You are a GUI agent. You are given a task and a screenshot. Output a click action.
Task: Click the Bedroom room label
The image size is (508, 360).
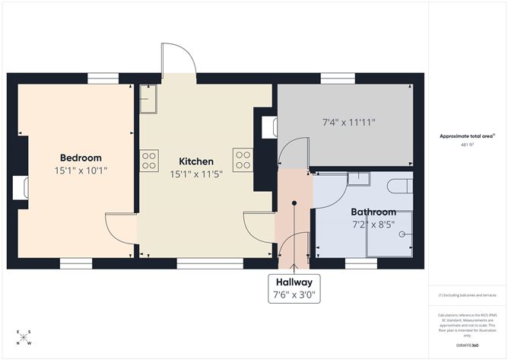coord(80,158)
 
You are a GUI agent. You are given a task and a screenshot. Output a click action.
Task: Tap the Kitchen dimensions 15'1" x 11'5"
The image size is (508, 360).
coord(195,174)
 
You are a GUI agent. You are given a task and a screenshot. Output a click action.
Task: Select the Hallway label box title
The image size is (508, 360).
coord(293,282)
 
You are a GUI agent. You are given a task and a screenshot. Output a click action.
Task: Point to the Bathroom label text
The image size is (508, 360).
coord(373,212)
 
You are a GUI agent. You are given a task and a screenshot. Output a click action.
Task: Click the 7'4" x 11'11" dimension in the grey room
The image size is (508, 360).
coord(349,122)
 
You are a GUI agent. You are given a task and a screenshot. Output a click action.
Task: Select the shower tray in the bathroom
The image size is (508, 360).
coord(389,234)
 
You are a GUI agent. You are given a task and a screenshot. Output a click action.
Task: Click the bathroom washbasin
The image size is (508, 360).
coord(357,179)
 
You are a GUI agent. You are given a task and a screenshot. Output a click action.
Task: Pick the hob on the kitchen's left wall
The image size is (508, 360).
coord(149,160)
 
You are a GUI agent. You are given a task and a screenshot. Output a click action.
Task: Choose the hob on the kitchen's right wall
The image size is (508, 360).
coord(243,160)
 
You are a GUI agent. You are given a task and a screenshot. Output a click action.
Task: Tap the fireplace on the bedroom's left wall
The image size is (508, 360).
coord(21,187)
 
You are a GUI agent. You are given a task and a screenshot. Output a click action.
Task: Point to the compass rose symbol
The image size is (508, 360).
coord(24,337)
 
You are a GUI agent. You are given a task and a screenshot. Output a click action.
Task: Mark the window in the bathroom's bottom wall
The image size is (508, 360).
coord(360,264)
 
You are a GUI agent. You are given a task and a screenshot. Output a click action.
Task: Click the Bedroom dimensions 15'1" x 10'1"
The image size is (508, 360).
coord(81,170)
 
